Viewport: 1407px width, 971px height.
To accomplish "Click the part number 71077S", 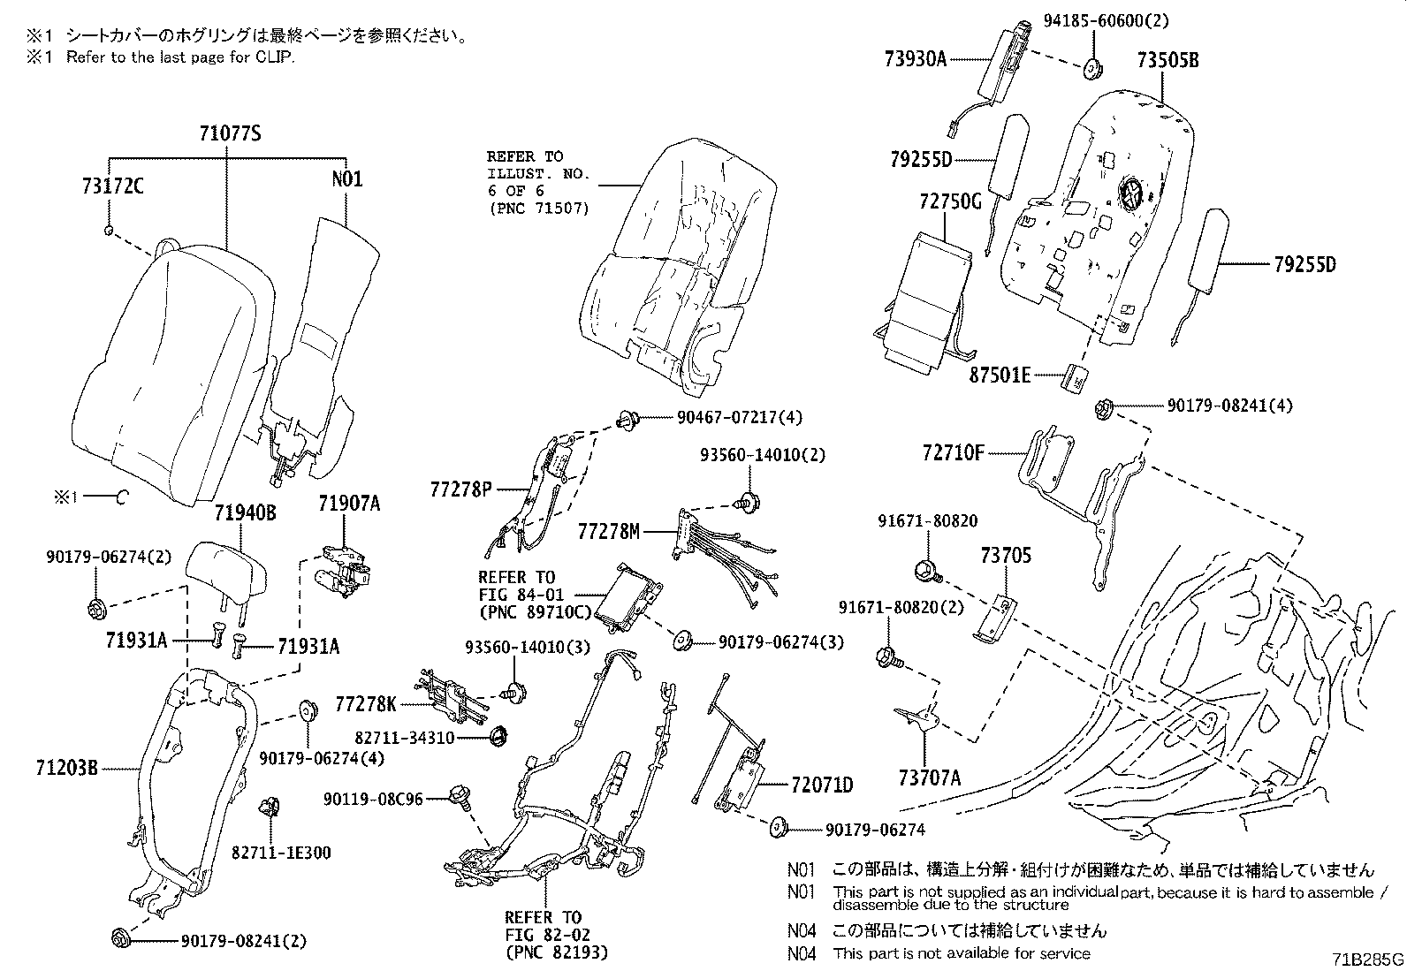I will coord(230,133).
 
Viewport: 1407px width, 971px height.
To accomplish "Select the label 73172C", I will coord(111,187).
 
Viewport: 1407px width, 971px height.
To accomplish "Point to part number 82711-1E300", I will coord(281,853).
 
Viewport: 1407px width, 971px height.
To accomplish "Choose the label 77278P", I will coord(460,489).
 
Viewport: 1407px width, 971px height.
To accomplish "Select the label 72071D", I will coord(822,785).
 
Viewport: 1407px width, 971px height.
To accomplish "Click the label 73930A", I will coord(915,59).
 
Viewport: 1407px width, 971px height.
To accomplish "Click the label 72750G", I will coord(950,201).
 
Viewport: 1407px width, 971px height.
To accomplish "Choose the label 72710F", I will coord(953,454).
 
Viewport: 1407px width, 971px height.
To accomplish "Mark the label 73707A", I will coord(929,778).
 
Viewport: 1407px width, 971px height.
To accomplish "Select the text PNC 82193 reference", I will coord(558,952).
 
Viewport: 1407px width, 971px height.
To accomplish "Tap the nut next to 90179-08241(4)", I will coord(1101,407).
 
